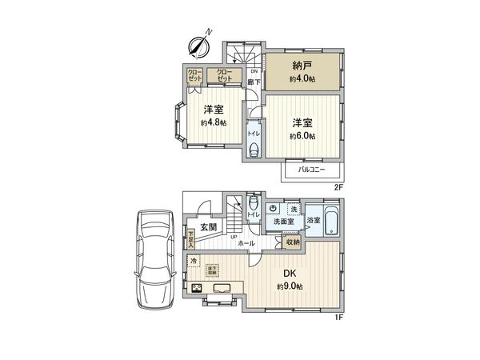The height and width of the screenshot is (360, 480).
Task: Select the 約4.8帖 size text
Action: (214, 122)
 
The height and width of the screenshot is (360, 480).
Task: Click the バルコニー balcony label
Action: (312, 170)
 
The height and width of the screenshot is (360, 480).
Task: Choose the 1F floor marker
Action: (339, 318)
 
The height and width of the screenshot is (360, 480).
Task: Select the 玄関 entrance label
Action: (209, 228)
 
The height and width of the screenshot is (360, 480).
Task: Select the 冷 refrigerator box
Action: (194, 262)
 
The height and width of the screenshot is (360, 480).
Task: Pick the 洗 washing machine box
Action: (294, 209)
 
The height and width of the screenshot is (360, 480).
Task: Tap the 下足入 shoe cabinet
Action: (191, 238)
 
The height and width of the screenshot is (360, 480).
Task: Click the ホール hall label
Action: (246, 242)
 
